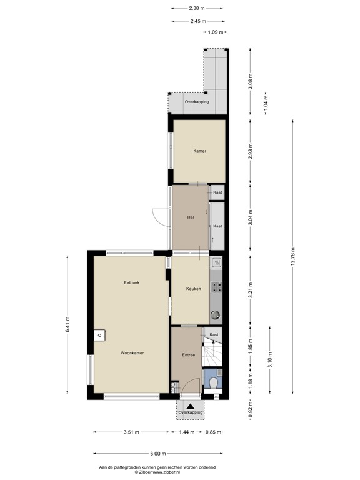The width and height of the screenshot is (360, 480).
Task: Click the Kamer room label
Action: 199,151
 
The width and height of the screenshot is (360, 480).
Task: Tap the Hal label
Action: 192,217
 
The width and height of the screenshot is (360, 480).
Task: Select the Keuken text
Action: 192,289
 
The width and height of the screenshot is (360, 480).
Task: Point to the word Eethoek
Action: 131,282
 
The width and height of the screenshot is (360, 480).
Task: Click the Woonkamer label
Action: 132,353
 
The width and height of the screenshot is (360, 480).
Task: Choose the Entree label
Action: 189,355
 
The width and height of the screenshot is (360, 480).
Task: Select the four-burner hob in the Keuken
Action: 217,287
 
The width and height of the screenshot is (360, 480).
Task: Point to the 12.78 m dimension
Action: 292,256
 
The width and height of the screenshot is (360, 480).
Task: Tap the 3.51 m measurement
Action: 131,432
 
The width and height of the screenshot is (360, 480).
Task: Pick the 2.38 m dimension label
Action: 196,9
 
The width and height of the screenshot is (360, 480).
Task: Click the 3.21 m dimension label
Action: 249,291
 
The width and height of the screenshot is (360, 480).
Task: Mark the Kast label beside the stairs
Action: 214,335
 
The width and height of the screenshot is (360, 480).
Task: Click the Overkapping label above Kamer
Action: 196,102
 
